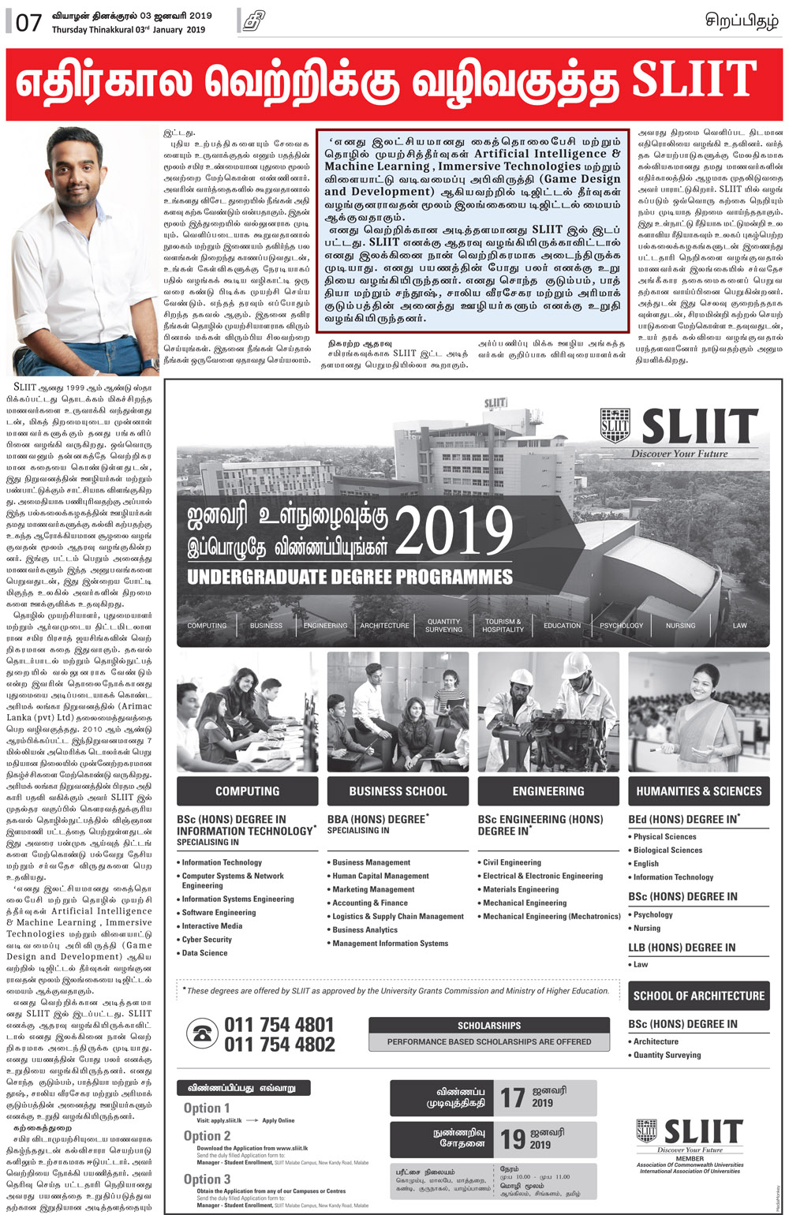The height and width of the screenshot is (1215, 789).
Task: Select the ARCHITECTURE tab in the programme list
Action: tap(384, 626)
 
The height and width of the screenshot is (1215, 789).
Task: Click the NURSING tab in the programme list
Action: tap(680, 626)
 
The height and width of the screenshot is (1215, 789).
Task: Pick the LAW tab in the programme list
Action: tap(739, 626)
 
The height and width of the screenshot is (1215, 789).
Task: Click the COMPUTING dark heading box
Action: tap(247, 791)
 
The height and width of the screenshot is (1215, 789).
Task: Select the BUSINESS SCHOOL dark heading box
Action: tap(398, 791)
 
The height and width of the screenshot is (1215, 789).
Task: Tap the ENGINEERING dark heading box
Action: tap(548, 791)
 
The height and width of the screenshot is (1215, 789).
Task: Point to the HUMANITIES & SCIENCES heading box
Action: tap(699, 791)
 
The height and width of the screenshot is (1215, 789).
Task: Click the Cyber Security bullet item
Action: tap(207, 940)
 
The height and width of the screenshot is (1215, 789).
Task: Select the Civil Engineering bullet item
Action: tap(512, 862)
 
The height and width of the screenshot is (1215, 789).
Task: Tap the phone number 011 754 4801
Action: tap(279, 1025)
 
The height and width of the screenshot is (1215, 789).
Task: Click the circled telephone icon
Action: tap(204, 1034)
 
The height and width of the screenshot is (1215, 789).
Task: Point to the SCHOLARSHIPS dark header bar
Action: tap(489, 1026)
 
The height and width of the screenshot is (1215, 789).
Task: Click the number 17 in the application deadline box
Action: tap(512, 1097)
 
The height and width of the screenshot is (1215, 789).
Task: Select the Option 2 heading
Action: tap(207, 1136)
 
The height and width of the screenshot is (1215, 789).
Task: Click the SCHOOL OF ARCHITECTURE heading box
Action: tap(699, 996)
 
